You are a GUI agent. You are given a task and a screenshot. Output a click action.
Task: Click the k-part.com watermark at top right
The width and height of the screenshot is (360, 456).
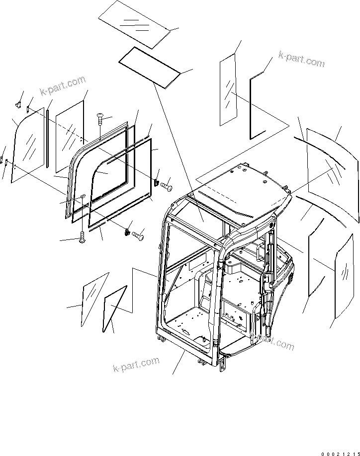tap(301, 60)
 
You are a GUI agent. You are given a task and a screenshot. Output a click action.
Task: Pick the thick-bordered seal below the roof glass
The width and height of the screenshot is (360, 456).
tap(149, 66)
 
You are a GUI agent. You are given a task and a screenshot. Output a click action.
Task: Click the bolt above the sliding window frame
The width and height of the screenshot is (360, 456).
tap(99, 120)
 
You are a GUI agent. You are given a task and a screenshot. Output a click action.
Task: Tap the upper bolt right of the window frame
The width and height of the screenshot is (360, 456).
tap(166, 186)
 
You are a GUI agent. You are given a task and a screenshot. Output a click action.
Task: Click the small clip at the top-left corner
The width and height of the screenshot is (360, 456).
tap(18, 104)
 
